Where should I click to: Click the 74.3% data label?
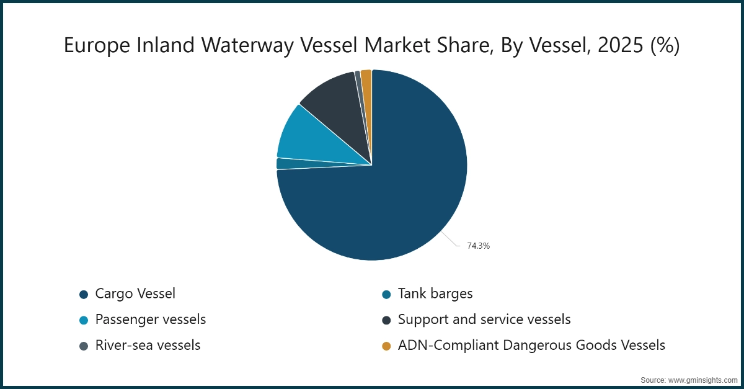point(478,246)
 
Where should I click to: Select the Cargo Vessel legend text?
point(135,293)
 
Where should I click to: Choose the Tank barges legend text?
point(435,293)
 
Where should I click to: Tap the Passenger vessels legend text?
point(150,320)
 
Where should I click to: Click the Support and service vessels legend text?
point(484,320)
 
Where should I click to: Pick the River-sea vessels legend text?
point(148,346)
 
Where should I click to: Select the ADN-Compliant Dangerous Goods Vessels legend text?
point(531,346)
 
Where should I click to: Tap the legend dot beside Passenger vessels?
point(84,320)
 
